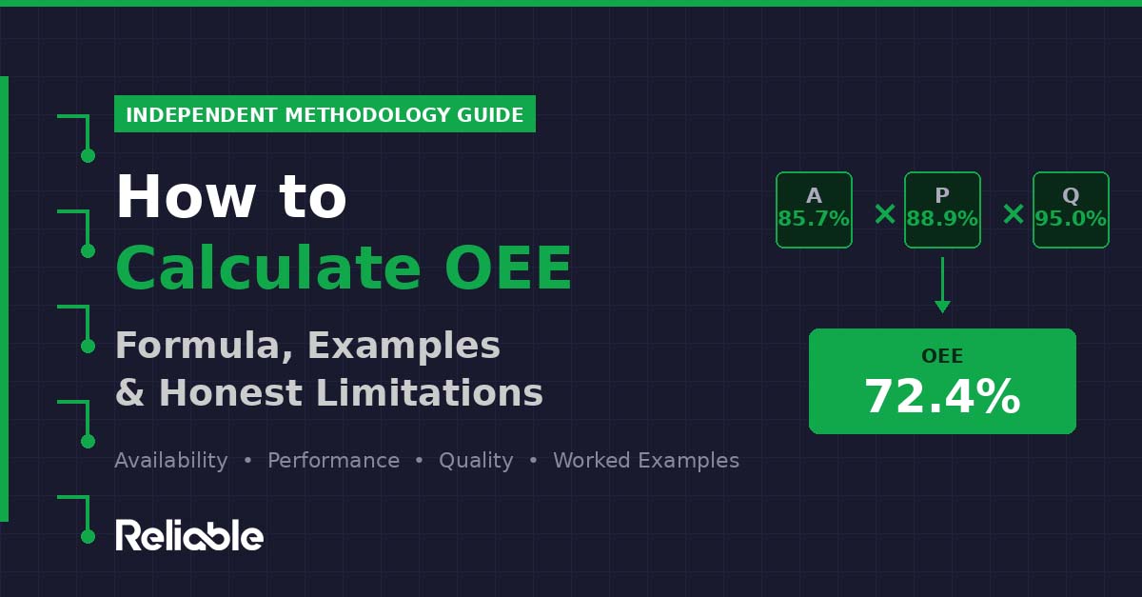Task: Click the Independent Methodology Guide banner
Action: point(325,114)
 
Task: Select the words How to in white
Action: point(230,198)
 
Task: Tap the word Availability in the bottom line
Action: point(170,461)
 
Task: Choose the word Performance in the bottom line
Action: point(333,461)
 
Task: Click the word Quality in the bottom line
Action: point(476,461)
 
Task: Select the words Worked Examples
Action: point(646,461)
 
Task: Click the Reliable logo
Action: point(189,535)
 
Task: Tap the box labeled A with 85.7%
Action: point(814,209)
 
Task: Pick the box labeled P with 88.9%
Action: point(942,209)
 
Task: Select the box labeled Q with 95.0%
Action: point(1071,209)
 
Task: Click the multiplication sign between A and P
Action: point(885,214)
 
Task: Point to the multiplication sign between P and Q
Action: point(1014,214)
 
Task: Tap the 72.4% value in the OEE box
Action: point(942,397)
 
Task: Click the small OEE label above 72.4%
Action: point(942,357)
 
